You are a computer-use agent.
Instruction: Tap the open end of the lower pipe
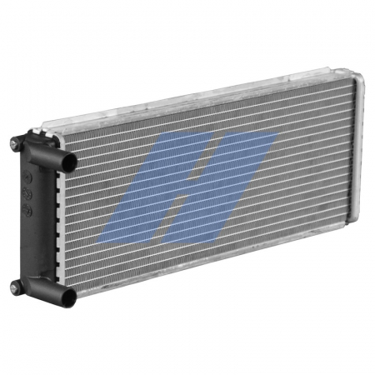[x=67, y=296]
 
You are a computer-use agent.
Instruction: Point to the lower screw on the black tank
[x=16, y=287]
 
